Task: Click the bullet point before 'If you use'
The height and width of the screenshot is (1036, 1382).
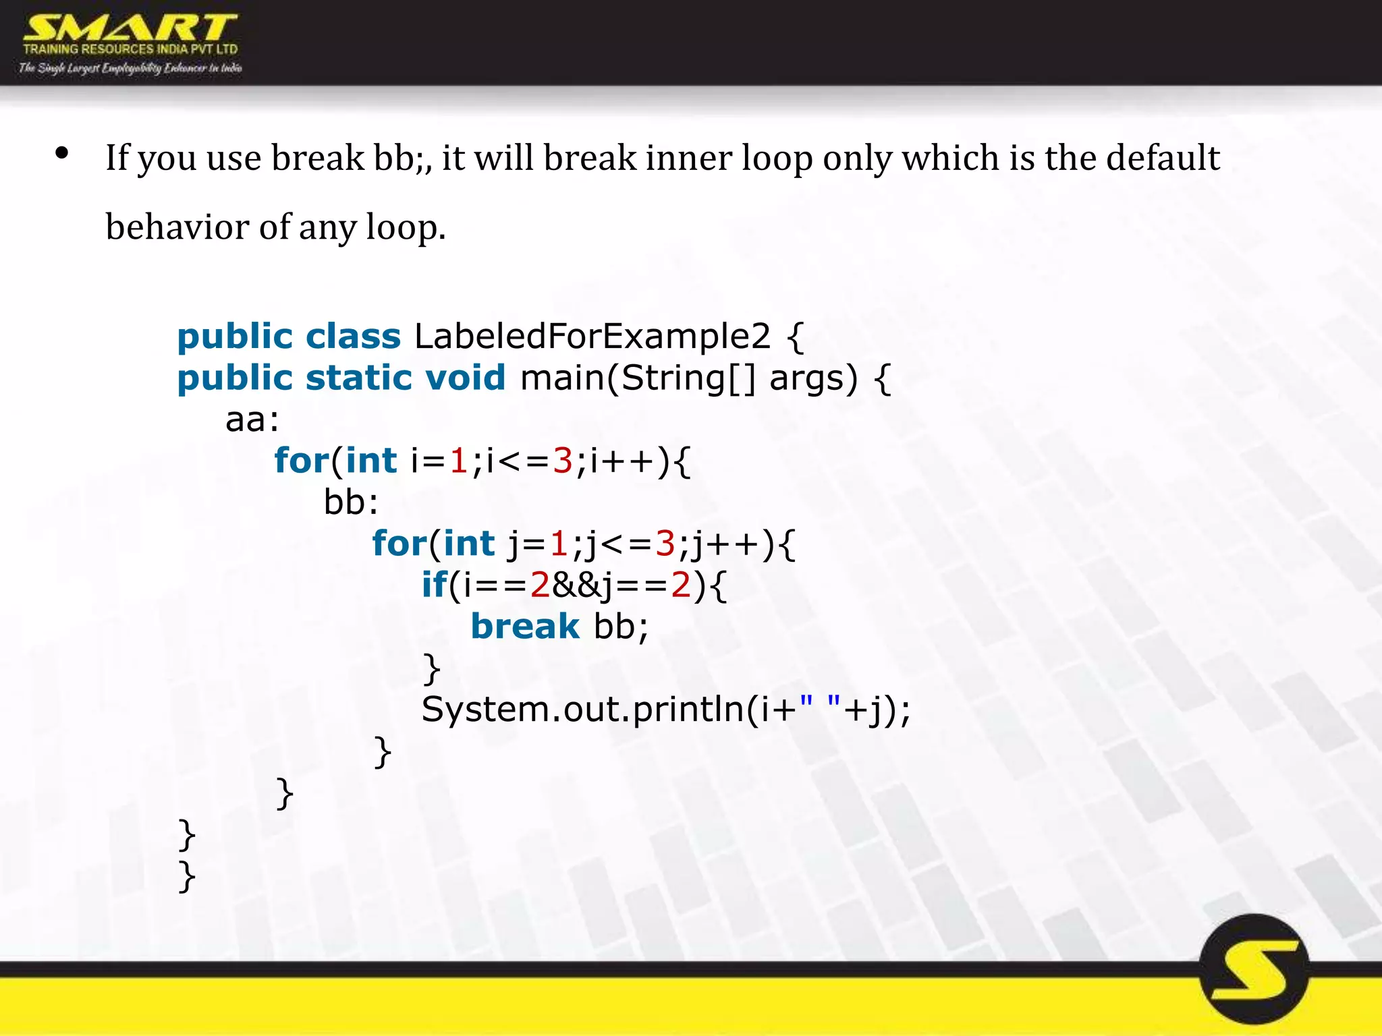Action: click(62, 154)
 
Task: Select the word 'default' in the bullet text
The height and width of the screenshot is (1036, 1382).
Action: click(1163, 158)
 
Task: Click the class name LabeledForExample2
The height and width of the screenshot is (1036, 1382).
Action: click(592, 336)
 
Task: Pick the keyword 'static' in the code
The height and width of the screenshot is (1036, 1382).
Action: click(358, 378)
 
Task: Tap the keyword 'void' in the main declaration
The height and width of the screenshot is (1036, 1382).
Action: click(465, 378)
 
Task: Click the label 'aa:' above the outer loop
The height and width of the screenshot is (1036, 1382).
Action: click(252, 420)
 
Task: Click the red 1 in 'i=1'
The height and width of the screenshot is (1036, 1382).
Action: click(459, 461)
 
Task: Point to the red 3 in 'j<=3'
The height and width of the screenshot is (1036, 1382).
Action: click(665, 544)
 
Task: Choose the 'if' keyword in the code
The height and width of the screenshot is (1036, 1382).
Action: click(434, 585)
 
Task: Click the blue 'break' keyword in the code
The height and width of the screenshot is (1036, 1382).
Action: click(524, 627)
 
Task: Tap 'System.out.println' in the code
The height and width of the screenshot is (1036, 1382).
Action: click(583, 710)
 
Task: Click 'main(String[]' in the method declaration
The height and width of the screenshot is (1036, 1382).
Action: click(638, 378)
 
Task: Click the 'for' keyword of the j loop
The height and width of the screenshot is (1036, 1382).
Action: click(399, 544)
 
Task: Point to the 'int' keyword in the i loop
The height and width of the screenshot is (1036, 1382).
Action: click(370, 461)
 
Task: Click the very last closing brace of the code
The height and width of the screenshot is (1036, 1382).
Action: click(187, 876)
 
